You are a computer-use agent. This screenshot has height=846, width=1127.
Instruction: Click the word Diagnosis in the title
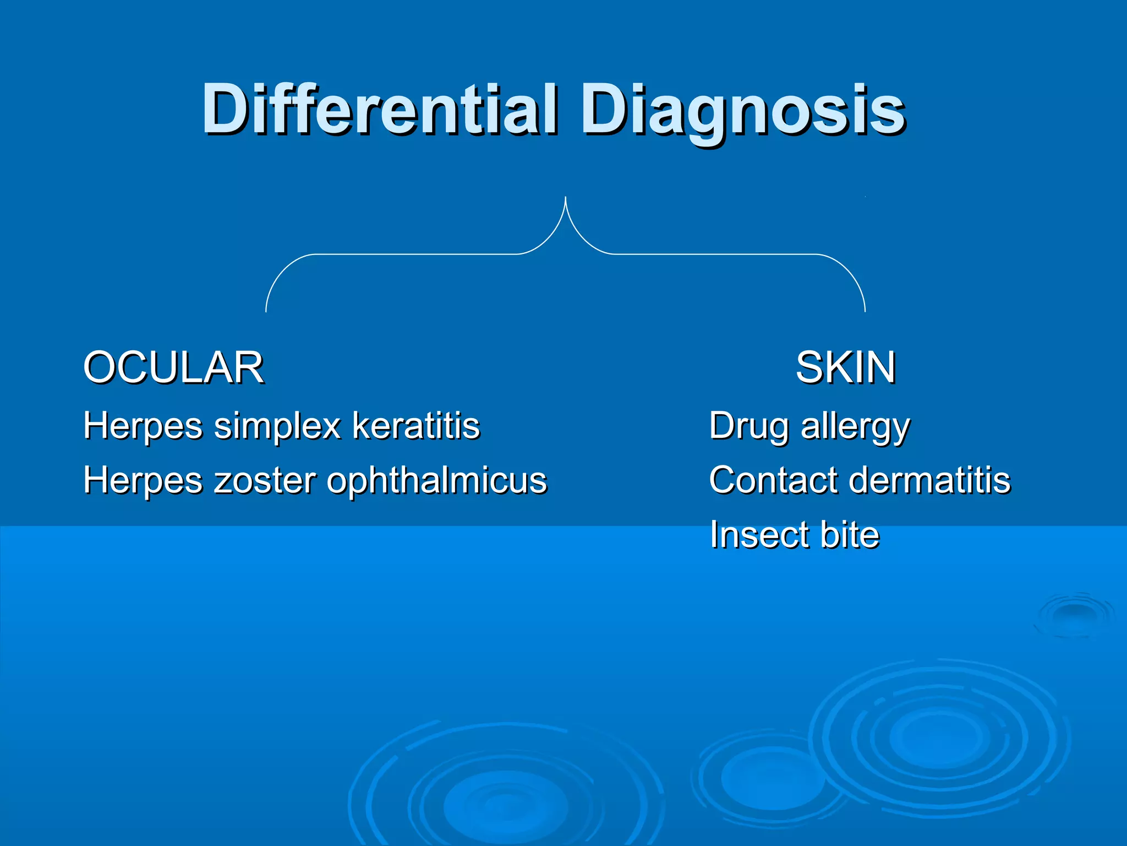[743, 110]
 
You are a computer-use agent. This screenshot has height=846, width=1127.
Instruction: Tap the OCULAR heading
[173, 367]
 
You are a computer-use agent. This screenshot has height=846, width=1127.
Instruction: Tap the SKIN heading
[845, 367]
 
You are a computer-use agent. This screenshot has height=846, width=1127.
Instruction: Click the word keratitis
[416, 426]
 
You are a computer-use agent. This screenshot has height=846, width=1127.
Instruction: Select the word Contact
[773, 480]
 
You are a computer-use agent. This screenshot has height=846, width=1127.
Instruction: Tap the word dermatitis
[930, 480]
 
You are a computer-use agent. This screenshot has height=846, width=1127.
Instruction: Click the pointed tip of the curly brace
[565, 198]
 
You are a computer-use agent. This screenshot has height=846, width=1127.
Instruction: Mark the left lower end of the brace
[266, 311]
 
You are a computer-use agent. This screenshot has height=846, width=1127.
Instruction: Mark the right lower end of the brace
[865, 311]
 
